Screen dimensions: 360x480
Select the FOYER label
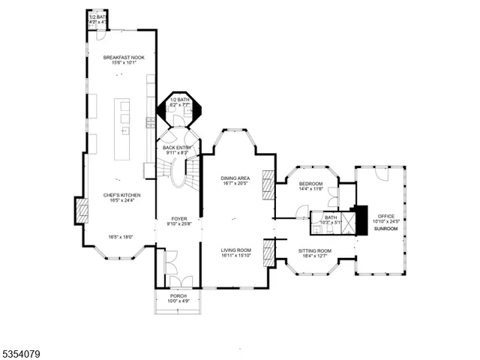point(179,218)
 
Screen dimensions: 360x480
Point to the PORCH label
point(178,296)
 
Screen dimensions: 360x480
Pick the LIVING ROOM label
point(235,250)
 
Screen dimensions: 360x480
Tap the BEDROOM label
point(311,184)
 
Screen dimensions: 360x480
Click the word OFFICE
point(386,217)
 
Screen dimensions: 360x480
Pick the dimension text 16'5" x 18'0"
point(121,237)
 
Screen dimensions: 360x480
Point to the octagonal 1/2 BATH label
point(178,100)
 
